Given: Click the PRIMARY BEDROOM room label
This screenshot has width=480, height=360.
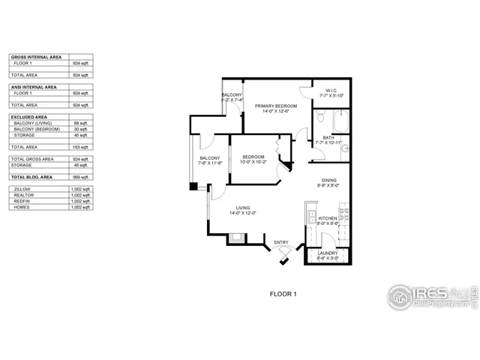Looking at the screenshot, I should coord(276,106).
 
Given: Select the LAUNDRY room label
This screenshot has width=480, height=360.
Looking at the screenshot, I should coord(327,253).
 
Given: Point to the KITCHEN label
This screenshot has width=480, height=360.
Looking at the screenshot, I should coord(328,217).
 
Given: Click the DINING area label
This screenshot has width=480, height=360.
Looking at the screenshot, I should coord(329,180).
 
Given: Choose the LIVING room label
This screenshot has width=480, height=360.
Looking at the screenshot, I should coord(243,208).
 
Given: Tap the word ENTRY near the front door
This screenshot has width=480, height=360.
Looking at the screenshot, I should coord(281,241).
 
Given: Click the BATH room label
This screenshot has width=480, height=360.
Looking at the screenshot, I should coord(329,137).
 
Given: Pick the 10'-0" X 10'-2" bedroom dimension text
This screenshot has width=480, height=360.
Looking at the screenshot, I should coord(253,161).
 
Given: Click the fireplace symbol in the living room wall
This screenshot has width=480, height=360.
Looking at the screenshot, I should coord(236,240).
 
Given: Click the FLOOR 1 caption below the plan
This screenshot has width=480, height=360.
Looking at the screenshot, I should coord(283,295).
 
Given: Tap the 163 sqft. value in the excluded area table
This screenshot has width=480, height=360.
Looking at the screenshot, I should coord(80,147).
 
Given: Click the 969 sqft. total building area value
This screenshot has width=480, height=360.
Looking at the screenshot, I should coord(80,176).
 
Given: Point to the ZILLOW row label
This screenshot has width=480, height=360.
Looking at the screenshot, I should coord(22,189).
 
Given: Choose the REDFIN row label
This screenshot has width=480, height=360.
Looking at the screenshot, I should coord(22,201).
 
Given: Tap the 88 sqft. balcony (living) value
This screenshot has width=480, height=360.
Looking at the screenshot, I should coord(81,123).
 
